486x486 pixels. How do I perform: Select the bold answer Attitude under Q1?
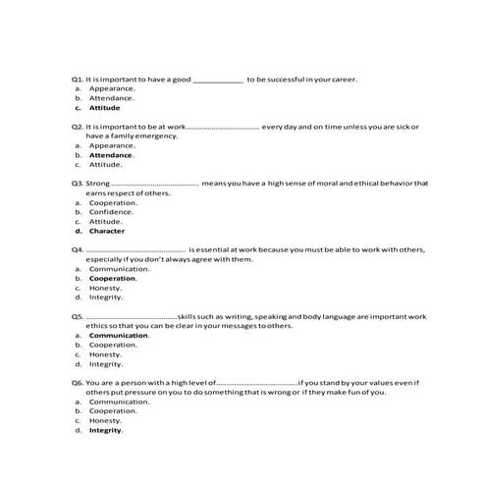[x=104, y=107]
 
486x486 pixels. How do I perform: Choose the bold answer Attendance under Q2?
[x=111, y=154]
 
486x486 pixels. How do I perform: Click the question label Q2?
[x=78, y=127]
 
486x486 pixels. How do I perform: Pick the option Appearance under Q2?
[x=112, y=145]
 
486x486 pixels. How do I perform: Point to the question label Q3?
[x=78, y=183]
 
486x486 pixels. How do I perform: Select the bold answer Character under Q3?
[x=107, y=231]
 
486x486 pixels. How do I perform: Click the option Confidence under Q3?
[x=112, y=211]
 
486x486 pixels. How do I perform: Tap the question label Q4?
[x=78, y=249]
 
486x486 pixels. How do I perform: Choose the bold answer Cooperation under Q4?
[x=113, y=278]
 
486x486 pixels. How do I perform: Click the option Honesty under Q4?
[x=106, y=288]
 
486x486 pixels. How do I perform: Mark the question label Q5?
[x=78, y=316]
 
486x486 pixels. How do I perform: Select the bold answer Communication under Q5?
[x=119, y=335]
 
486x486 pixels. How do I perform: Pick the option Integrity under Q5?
[x=106, y=363]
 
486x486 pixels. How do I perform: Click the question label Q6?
[x=78, y=382]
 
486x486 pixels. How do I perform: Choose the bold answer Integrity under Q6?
[x=106, y=430]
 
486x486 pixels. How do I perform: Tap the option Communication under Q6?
[x=119, y=401]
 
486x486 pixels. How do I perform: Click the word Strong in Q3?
[x=98, y=183]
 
